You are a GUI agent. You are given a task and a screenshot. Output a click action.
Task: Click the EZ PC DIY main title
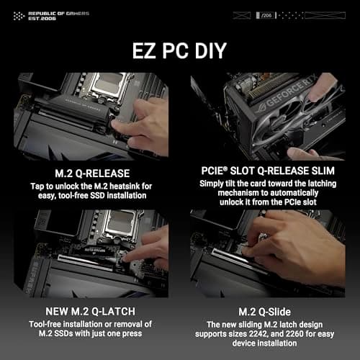click(180, 51)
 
